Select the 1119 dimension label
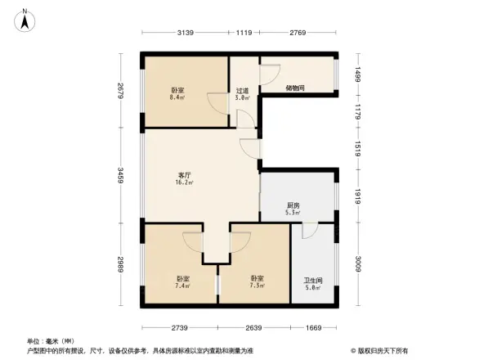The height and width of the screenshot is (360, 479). [x=244, y=33]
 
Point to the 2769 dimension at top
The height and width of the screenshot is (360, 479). [x=297, y=33]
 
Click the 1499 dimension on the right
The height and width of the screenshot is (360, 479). [x=357, y=73]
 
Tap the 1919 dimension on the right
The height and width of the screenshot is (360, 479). [x=357, y=196]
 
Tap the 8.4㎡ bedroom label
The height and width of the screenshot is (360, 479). [x=177, y=94]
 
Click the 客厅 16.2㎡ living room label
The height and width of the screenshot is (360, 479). [x=185, y=179]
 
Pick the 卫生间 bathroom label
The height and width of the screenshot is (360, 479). [x=314, y=283]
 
